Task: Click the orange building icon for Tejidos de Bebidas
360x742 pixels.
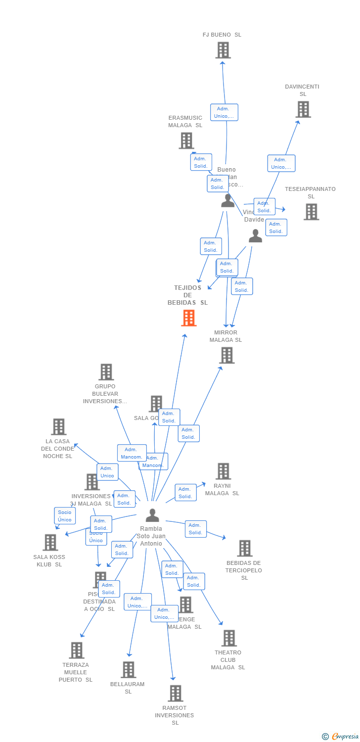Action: (188, 318)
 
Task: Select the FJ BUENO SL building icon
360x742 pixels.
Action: (223, 50)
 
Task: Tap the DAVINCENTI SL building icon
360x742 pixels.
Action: (303, 109)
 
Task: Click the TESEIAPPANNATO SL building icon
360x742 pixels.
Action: (311, 212)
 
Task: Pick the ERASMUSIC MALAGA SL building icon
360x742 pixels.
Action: (186, 140)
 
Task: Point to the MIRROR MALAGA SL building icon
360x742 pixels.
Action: (226, 355)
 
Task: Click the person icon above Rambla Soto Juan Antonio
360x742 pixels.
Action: (152, 515)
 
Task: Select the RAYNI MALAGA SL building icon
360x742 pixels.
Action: (223, 471)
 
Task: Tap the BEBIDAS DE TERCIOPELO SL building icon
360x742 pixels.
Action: (244, 548)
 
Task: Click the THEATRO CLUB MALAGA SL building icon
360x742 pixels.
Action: (228, 638)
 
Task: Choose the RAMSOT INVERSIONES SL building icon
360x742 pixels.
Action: (175, 694)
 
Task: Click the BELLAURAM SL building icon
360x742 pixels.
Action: (128, 669)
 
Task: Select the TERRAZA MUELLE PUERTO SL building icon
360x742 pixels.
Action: (76, 650)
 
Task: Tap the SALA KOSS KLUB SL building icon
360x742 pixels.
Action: (50, 542)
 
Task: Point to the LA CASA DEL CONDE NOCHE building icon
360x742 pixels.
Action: (58, 426)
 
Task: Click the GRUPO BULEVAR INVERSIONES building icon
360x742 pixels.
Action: (106, 372)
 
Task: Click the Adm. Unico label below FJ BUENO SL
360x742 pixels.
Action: (224, 112)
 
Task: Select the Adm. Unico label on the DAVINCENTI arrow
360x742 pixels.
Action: (281, 163)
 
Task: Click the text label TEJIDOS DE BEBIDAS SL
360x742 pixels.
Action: (187, 295)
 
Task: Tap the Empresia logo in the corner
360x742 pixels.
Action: (341, 737)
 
